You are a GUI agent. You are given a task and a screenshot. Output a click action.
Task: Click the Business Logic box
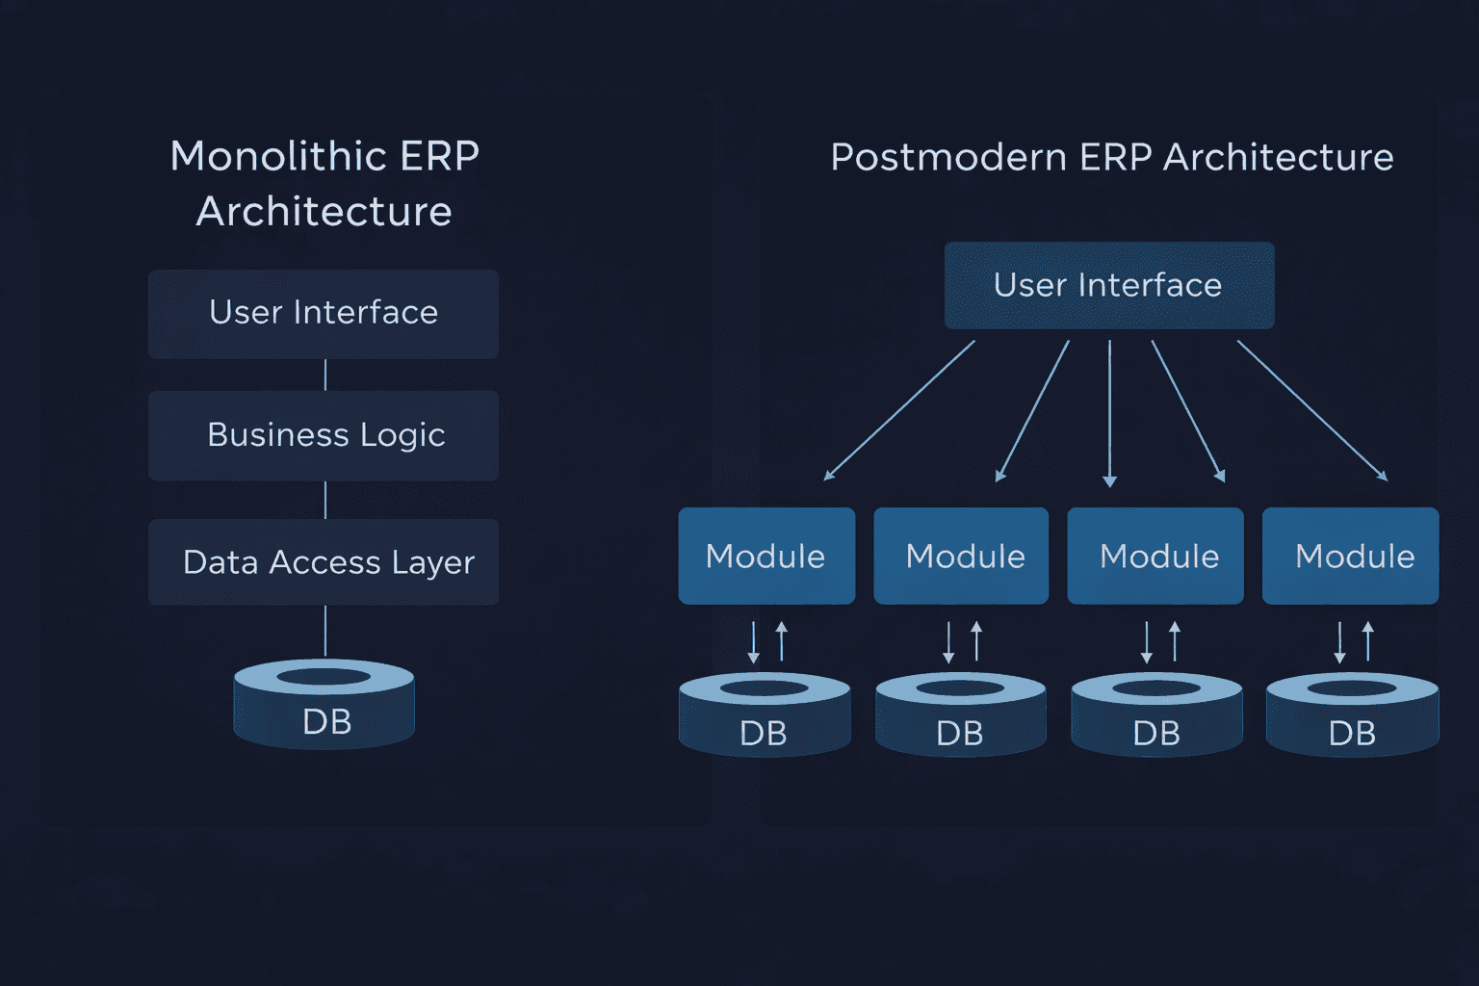(x=324, y=436)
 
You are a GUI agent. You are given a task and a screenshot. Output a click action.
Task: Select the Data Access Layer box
(x=324, y=562)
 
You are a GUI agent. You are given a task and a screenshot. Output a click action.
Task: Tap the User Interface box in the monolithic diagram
(x=324, y=314)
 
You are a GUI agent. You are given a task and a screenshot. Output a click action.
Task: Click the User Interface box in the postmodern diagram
(x=1109, y=285)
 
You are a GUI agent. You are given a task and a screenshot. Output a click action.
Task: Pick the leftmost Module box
(x=766, y=556)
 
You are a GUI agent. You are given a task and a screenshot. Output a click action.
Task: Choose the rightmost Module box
(x=1350, y=556)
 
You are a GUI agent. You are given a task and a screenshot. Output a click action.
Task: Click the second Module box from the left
(x=961, y=556)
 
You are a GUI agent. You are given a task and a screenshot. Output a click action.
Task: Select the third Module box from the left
(x=1155, y=556)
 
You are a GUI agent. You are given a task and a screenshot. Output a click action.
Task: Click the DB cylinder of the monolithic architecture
(x=324, y=704)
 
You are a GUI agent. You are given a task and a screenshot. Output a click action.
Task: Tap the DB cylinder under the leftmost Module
(x=765, y=714)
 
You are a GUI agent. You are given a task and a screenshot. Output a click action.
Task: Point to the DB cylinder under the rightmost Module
(x=1352, y=714)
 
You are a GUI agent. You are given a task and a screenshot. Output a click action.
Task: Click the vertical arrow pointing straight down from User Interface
(x=1110, y=414)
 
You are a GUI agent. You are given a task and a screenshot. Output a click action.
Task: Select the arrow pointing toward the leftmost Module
(x=899, y=411)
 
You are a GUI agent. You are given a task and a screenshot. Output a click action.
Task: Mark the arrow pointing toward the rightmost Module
(x=1312, y=411)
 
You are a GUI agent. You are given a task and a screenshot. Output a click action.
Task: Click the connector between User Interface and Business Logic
(x=325, y=376)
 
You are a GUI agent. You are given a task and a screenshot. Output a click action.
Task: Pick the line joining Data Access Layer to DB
(x=325, y=632)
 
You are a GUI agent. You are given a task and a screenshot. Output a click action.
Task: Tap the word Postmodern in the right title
(x=948, y=158)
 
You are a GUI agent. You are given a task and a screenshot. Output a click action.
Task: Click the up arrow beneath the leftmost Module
(x=782, y=641)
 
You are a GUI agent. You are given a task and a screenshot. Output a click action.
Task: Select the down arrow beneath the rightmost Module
(x=1339, y=642)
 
